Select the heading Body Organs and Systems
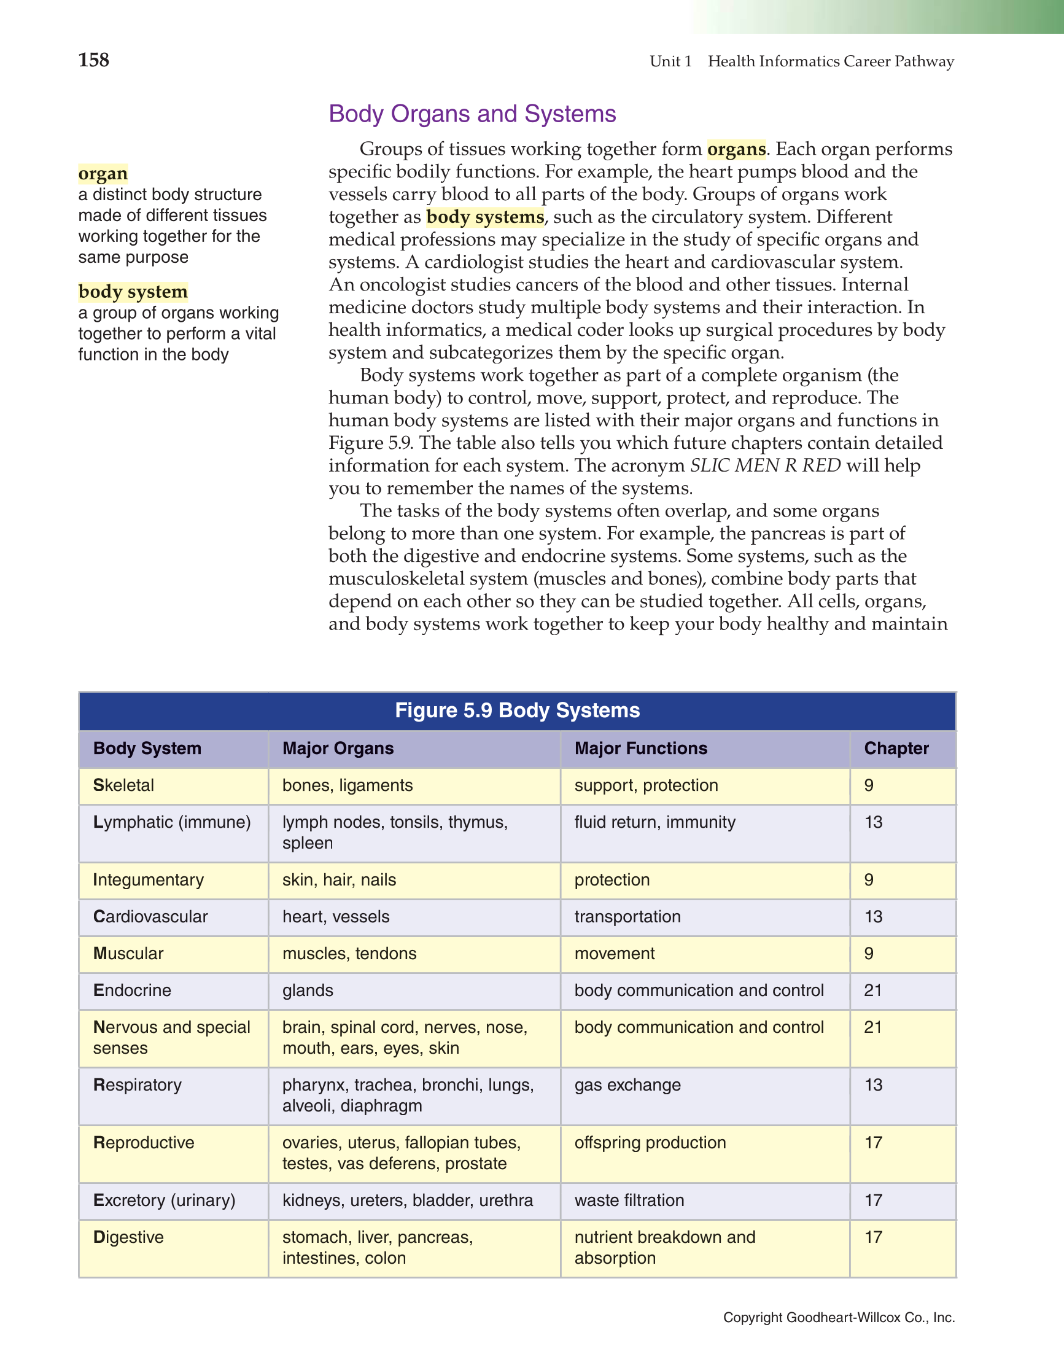tap(472, 114)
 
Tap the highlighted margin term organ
tap(103, 173)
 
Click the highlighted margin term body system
tap(133, 291)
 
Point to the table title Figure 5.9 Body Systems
tap(517, 710)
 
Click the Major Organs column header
tap(338, 749)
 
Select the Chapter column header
tap(896, 749)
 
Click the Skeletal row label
tap(123, 785)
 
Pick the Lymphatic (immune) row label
tap(172, 822)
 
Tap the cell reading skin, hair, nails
tap(340, 880)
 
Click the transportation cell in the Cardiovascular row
tap(627, 917)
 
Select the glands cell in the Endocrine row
tap(308, 990)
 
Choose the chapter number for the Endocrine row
tap(873, 990)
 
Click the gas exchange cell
tap(627, 1085)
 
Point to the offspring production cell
tap(650, 1143)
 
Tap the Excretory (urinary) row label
tap(165, 1201)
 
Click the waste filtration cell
tap(629, 1201)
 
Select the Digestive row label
tap(128, 1237)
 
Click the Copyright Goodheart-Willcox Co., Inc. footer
tap(839, 1317)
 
